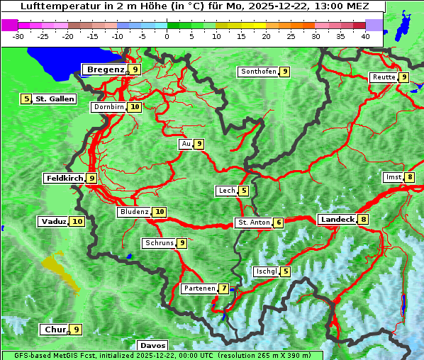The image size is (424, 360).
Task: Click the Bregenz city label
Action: pos(105,69)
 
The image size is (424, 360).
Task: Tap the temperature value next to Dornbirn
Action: pos(135,107)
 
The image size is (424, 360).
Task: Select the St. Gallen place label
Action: pos(55,99)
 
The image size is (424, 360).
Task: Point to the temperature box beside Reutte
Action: pos(403,77)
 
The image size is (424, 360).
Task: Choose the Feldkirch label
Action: pos(65,178)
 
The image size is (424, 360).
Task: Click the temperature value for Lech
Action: pos(244,191)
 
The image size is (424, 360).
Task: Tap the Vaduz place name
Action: pos(54,221)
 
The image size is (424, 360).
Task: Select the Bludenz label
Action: pos(135,212)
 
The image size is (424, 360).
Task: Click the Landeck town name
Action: pos(337,220)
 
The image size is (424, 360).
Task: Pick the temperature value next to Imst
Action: pos(410,177)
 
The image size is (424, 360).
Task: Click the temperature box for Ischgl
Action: pos(285,271)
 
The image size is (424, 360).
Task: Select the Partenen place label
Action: pos(199,288)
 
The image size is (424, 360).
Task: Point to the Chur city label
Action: pos(55,330)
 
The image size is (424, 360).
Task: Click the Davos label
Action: pos(152,346)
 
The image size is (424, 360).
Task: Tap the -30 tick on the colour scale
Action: pos(18,36)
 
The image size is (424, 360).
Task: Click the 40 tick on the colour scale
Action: pos(365,36)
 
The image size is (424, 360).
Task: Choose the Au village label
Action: pos(186,144)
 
